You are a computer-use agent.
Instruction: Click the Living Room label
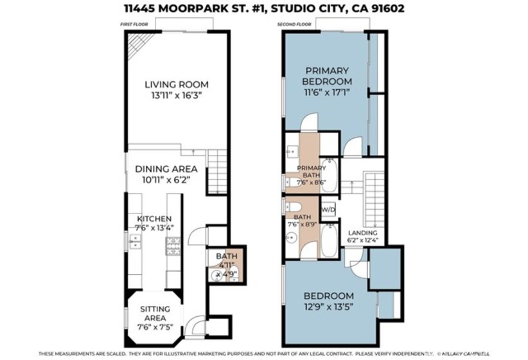177,84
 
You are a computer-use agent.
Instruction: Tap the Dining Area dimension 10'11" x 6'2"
166,179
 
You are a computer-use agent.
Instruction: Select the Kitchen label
154,219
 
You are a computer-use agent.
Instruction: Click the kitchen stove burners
173,246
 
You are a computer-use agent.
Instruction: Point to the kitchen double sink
135,241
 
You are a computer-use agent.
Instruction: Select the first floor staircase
217,172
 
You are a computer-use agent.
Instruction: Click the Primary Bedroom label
327,76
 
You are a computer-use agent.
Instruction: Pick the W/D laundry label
328,210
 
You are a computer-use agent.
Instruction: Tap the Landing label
363,233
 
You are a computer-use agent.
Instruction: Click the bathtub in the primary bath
329,175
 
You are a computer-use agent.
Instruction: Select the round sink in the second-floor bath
292,239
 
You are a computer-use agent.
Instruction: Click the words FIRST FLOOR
130,24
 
